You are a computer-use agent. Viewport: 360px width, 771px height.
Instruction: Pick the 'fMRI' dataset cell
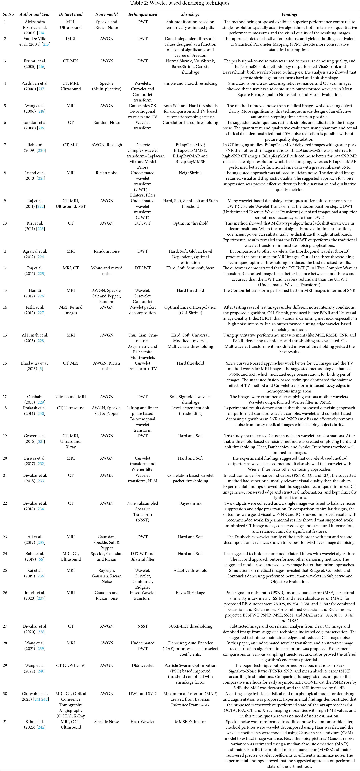pyautogui.click(x=71, y=39)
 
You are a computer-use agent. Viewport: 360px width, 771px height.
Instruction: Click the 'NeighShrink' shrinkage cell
pyautogui.click(x=190, y=173)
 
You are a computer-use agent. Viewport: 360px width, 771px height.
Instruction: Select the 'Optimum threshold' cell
pyautogui.click(x=190, y=223)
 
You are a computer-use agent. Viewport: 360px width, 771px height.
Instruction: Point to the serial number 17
pyautogui.click(x=5, y=397)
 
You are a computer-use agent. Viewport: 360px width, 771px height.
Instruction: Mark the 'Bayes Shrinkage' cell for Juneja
pyautogui.click(x=190, y=593)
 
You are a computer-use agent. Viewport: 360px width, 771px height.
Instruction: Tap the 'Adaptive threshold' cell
pyautogui.click(x=190, y=570)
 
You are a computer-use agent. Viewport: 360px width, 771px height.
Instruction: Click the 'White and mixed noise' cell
pyautogui.click(x=107, y=271)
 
